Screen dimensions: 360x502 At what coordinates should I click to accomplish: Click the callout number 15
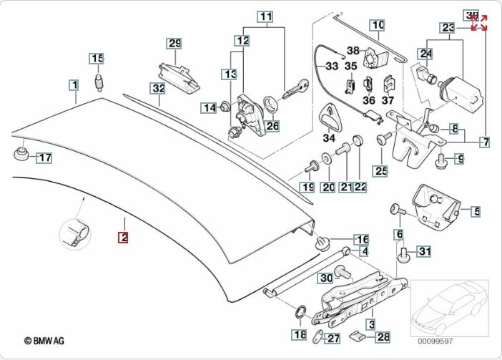coord(97,57)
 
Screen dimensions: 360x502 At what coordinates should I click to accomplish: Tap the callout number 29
coord(174,44)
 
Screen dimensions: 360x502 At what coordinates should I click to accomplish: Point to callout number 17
coord(44,157)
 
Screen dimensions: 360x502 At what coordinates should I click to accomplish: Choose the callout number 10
coord(377,25)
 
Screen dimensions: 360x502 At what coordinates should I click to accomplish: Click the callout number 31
coord(425,250)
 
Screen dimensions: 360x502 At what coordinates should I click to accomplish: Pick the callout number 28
coord(383,336)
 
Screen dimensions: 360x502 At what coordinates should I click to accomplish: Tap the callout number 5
coord(476,211)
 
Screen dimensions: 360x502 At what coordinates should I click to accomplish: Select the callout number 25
coord(380,170)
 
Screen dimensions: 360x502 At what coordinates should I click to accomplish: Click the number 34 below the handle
coord(329,138)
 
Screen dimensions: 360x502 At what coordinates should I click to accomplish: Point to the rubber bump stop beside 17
coord(20,155)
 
